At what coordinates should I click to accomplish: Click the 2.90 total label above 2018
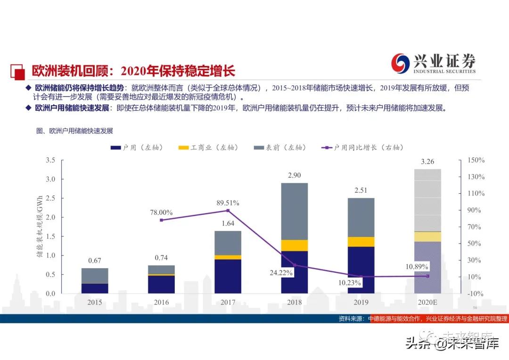point(295,175)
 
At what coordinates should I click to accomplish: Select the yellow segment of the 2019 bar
point(361,242)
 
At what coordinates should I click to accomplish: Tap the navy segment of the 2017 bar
point(228,276)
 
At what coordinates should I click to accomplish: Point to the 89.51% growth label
point(228,203)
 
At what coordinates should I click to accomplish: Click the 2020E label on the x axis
point(427,302)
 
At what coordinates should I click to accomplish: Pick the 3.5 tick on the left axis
point(50,160)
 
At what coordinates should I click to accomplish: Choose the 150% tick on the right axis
point(476,160)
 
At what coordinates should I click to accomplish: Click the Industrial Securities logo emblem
point(401,63)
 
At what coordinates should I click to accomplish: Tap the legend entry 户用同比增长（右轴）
point(363,147)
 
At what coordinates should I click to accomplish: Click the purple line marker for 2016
point(162,220)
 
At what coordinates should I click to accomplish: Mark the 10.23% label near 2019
point(350,283)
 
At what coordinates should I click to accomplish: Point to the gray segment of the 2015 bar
point(95,276)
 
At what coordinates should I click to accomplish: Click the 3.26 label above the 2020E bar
point(427,162)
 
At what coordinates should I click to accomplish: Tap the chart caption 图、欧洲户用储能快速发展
point(74,131)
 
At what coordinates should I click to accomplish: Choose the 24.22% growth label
point(282,272)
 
